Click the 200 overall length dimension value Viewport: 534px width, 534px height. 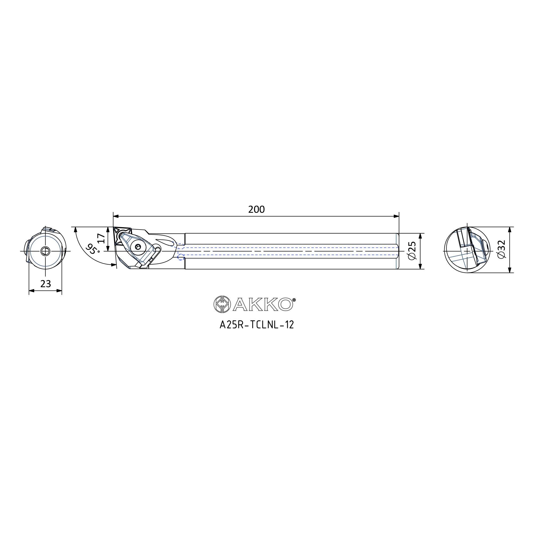tap(257, 209)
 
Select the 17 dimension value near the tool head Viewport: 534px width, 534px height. tap(101, 238)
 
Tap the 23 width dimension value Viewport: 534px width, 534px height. tap(46, 284)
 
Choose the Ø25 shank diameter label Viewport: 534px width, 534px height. tap(412, 251)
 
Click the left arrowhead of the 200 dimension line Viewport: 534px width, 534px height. tap(116, 216)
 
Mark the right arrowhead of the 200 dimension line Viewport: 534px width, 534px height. tap(396, 216)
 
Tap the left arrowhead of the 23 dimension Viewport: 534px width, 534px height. tap(32, 291)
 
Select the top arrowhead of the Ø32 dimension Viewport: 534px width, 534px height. tap(510, 230)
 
